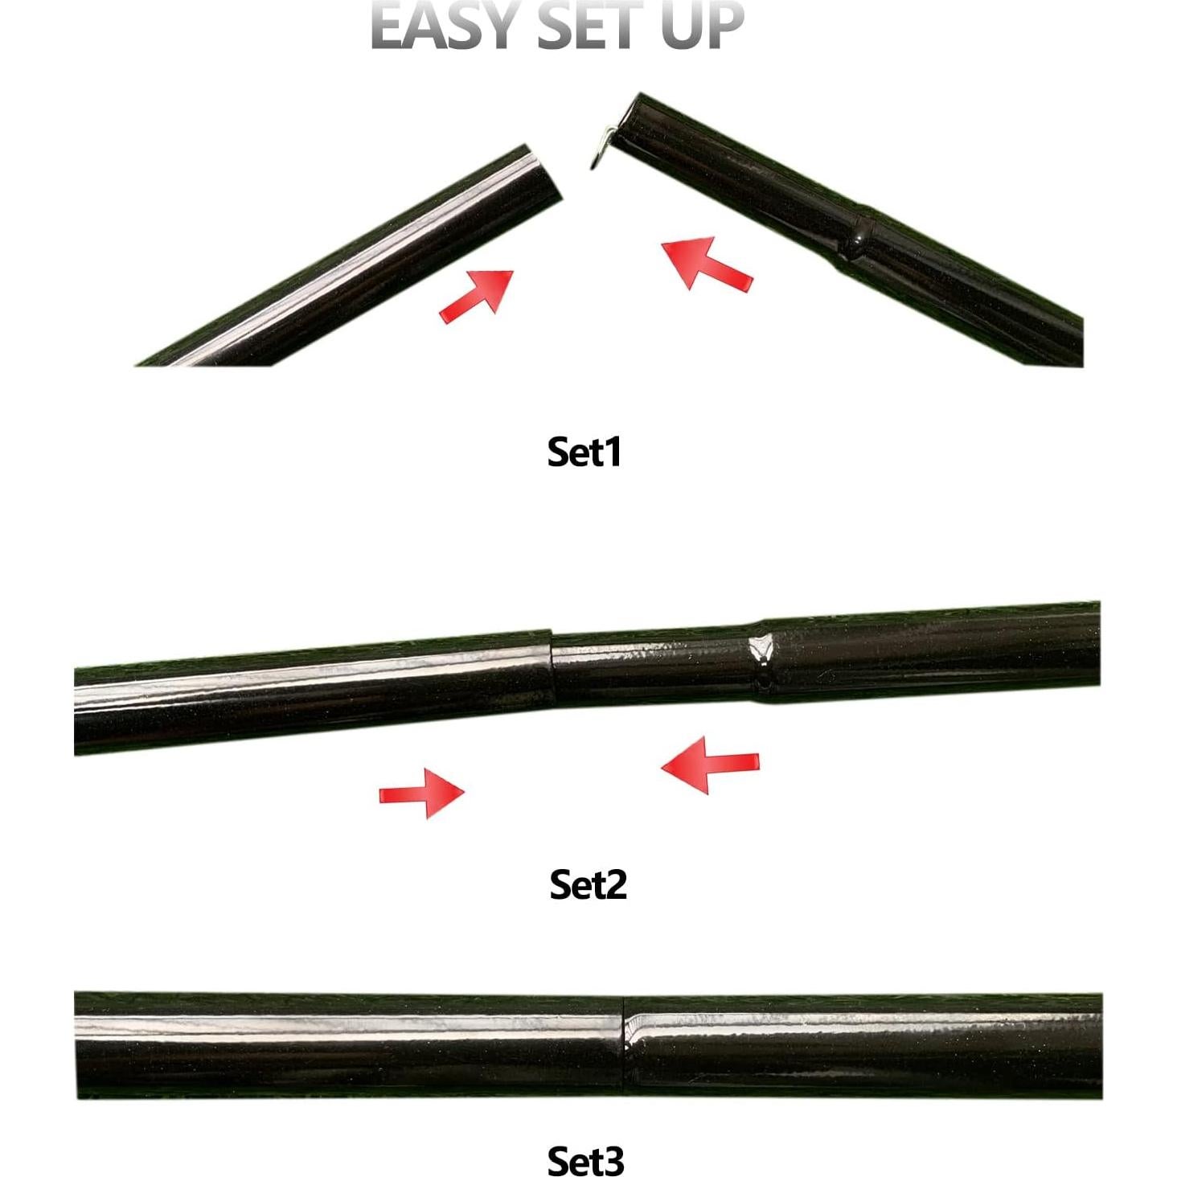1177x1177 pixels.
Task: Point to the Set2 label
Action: point(588,884)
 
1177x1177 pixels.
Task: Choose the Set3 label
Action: point(585,1160)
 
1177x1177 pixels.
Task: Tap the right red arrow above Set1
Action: point(704,262)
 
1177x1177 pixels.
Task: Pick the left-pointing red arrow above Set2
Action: point(709,765)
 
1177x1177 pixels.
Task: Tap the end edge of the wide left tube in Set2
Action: point(552,667)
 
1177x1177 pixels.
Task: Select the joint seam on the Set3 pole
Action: point(625,1044)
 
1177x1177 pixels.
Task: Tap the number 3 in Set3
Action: point(613,1160)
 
